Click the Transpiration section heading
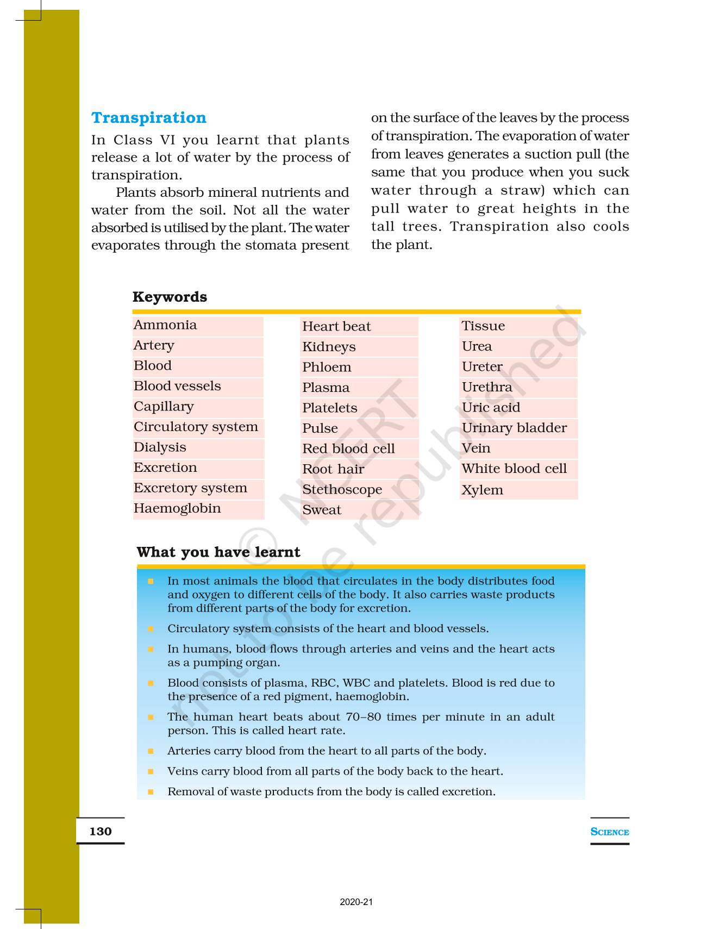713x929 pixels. (x=148, y=118)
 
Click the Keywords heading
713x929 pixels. (x=170, y=297)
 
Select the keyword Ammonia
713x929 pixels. (x=165, y=325)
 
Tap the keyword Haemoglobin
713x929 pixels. (x=177, y=509)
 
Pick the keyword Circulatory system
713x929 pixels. (x=196, y=427)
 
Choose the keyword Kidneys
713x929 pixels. (x=329, y=347)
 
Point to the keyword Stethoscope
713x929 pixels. (x=342, y=490)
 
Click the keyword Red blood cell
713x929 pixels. (x=348, y=449)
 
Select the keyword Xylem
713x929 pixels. (x=482, y=490)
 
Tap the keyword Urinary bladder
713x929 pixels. (x=514, y=428)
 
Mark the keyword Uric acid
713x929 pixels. (x=491, y=408)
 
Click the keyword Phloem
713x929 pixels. (x=327, y=367)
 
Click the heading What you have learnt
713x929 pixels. (x=218, y=552)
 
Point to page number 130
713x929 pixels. (x=101, y=831)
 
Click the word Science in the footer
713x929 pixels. (x=609, y=832)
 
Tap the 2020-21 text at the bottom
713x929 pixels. (x=356, y=902)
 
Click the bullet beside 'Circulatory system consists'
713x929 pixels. (x=151, y=629)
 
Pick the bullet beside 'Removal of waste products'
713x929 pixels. (x=151, y=792)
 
